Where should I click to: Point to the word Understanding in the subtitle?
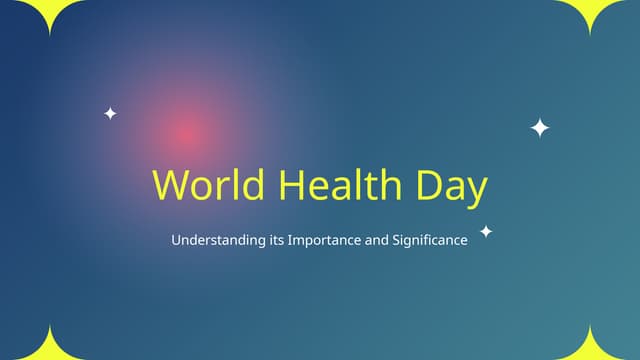[219, 241]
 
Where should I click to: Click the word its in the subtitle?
[277, 241]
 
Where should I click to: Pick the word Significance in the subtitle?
[430, 241]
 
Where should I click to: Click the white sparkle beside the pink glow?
[110, 114]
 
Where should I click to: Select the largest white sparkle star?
[540, 128]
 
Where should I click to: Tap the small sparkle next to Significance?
[486, 232]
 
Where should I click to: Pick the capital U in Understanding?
[176, 241]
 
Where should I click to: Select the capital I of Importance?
[289, 241]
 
